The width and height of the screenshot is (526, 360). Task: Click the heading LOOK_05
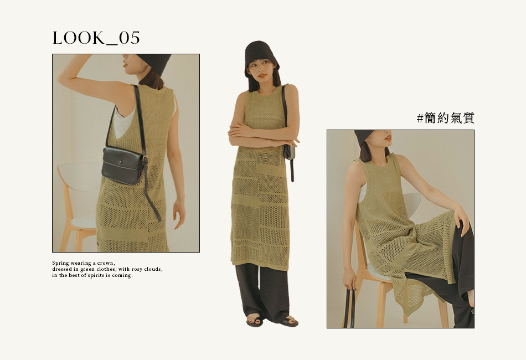point(96,38)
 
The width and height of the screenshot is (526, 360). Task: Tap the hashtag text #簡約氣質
point(446,118)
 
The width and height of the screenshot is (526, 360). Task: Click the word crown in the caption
point(105,263)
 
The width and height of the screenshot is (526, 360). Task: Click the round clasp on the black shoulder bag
point(121,163)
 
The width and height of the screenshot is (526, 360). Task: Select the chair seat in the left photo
point(81,222)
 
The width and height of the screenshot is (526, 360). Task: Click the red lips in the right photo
point(388,137)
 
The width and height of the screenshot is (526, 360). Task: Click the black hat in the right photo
point(364,137)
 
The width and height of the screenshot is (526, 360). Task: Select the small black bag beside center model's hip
point(289,152)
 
